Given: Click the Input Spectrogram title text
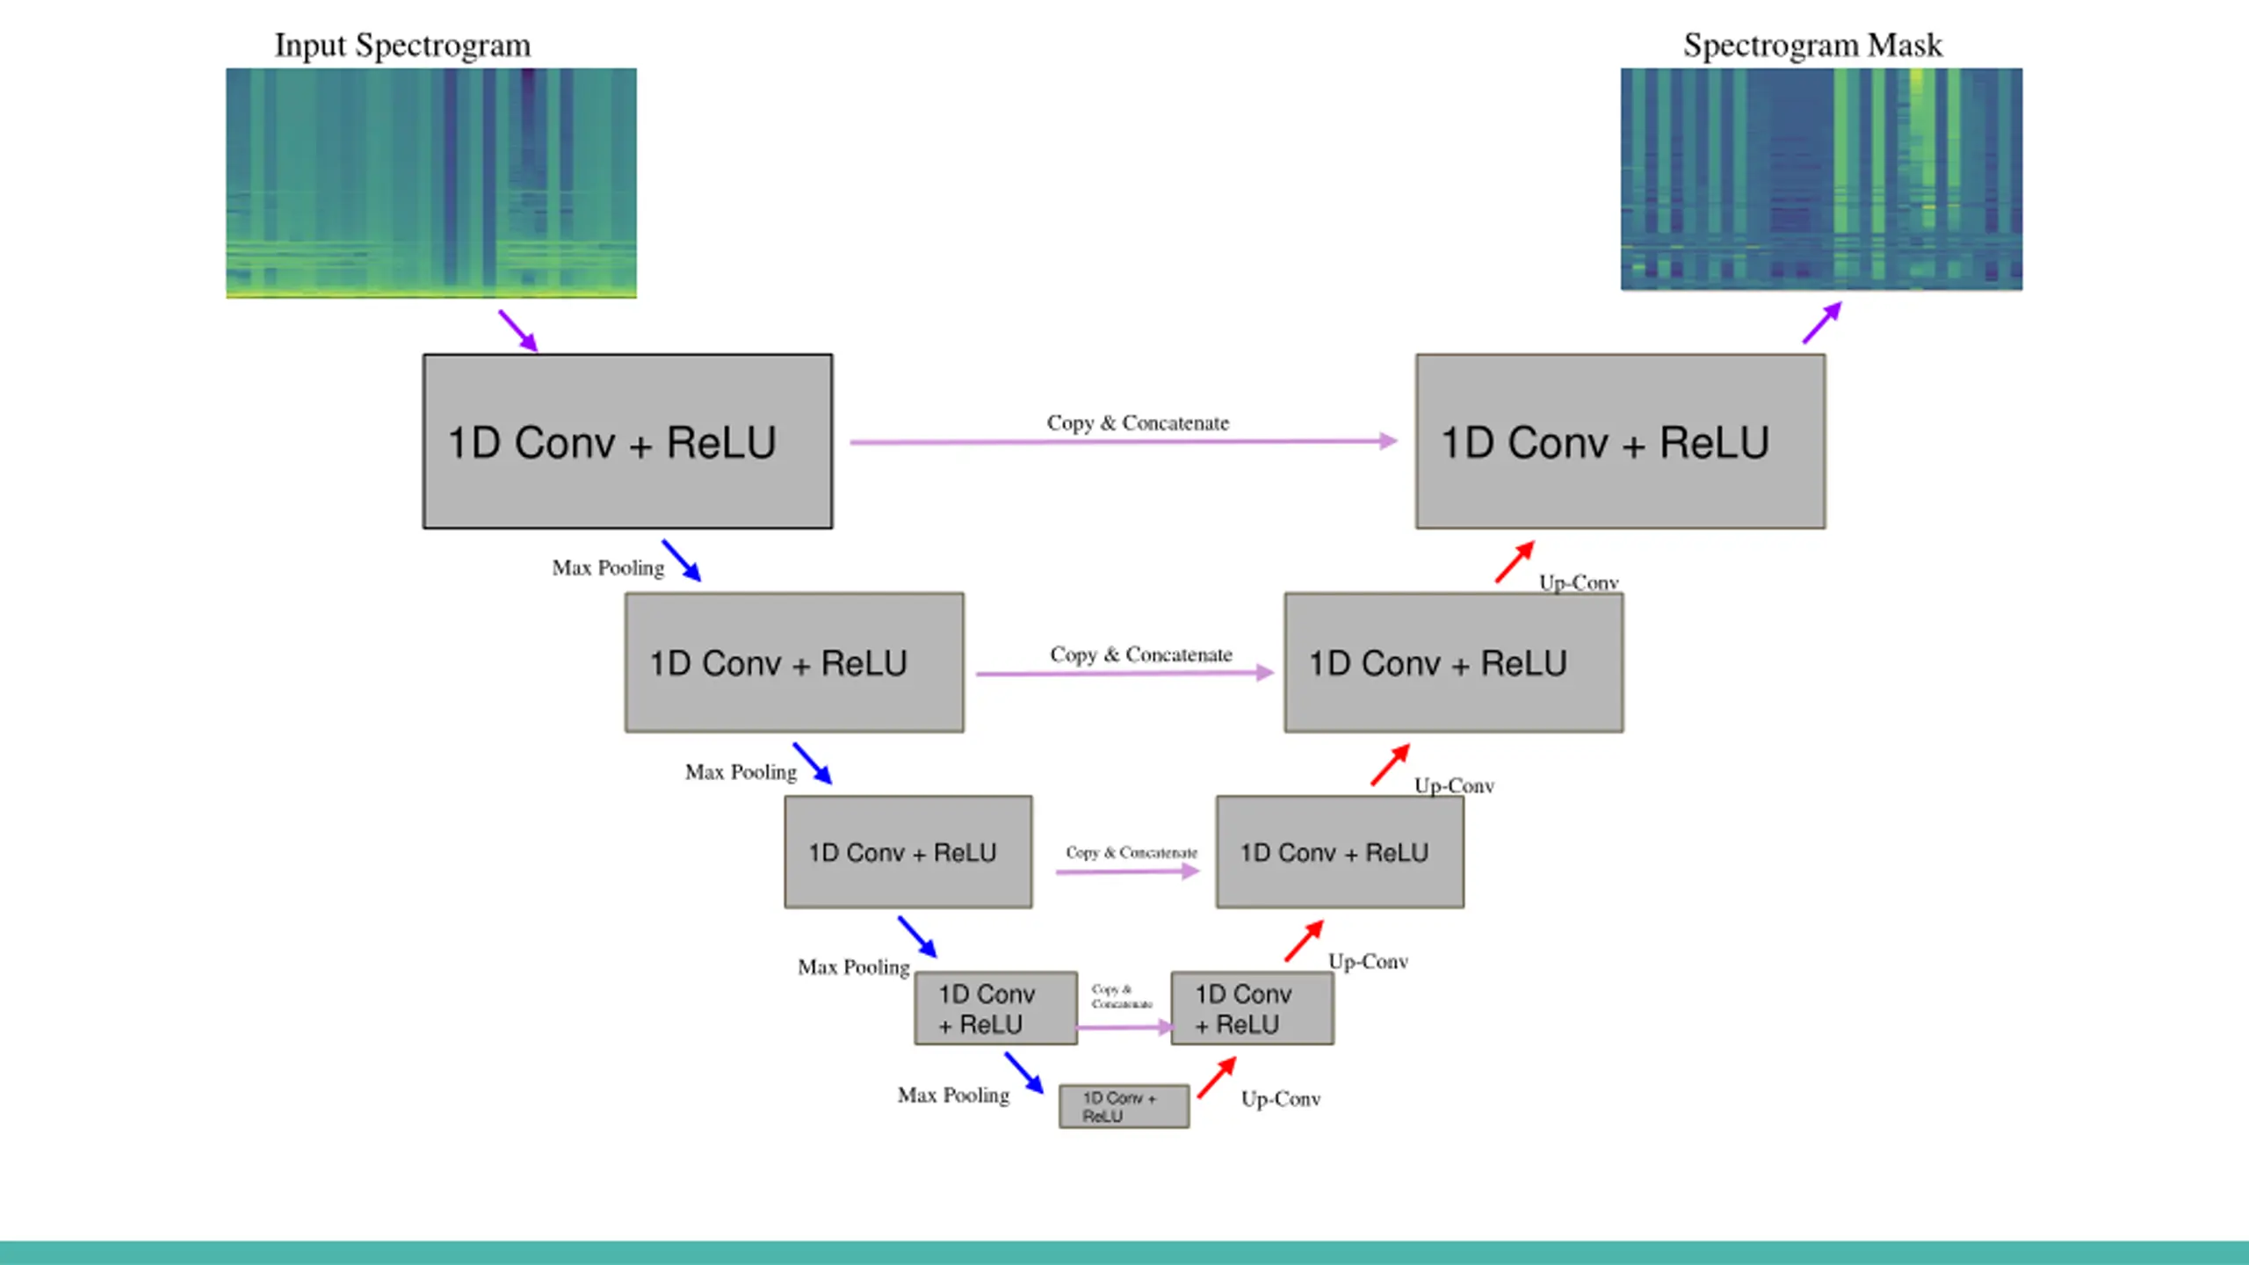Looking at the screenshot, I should coord(402,46).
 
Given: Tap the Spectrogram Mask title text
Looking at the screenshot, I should coord(1812,46).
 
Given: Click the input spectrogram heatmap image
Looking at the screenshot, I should coord(430,183).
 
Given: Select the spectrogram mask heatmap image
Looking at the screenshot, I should coord(1821,179).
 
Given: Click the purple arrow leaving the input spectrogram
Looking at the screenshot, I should coord(517,330).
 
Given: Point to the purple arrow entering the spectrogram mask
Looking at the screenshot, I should coord(1822,322).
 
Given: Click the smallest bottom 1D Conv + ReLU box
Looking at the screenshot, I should coord(1124,1106).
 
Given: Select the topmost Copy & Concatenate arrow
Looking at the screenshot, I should coord(1123,441).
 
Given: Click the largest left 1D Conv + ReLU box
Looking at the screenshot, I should coord(627,441).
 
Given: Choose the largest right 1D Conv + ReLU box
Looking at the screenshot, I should coord(1620,441).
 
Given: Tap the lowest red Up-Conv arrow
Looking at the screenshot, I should coord(1217,1077).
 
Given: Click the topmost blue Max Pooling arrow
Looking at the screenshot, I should coord(682,560).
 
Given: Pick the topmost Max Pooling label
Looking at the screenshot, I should coord(608,568).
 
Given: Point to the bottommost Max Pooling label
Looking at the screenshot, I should coord(953,1095).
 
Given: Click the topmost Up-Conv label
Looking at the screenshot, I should coord(1578,582).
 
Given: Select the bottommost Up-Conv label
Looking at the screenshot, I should coord(1280,1099).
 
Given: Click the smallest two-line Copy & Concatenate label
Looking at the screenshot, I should coord(1122,996).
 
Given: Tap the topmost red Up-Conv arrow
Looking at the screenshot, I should coord(1515,562).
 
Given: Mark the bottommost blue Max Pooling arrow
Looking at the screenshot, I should coord(1024,1073).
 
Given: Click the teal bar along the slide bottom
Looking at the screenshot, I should coord(1124,1253).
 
